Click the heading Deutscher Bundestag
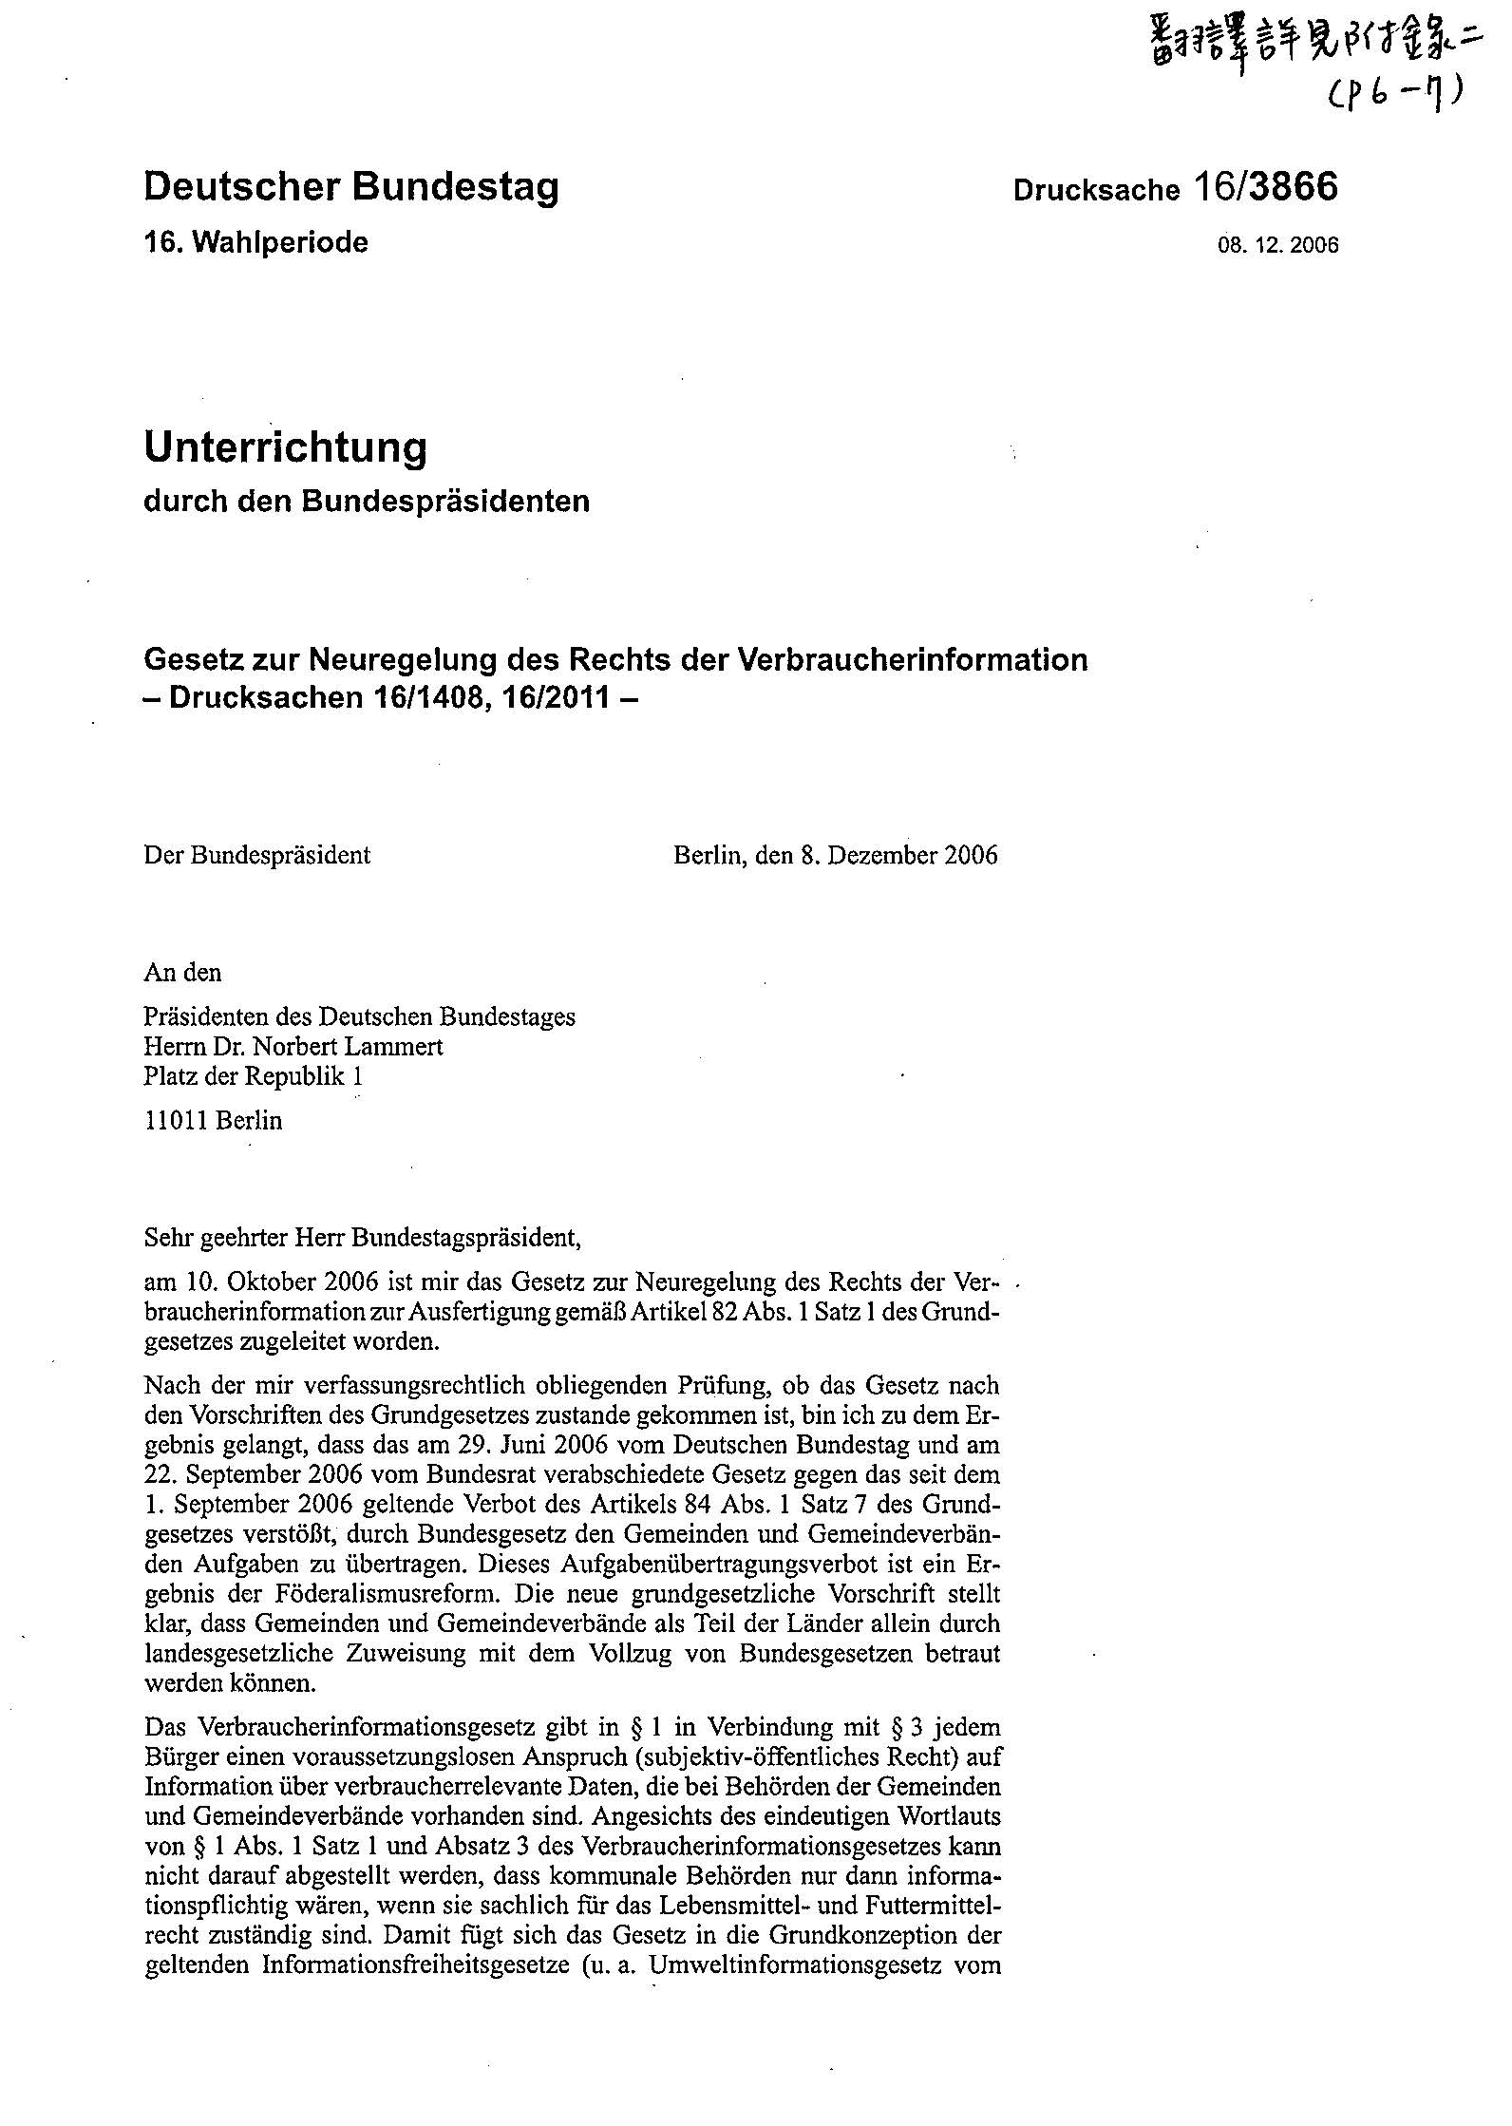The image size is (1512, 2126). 350,187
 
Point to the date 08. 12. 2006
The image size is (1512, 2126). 1277,245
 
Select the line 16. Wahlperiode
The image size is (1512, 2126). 255,243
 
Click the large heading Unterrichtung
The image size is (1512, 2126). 285,447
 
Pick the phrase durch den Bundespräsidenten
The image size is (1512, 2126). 366,501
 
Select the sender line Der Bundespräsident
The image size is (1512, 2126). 256,855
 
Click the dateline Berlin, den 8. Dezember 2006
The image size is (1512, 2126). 835,855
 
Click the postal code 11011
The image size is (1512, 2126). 177,1120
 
